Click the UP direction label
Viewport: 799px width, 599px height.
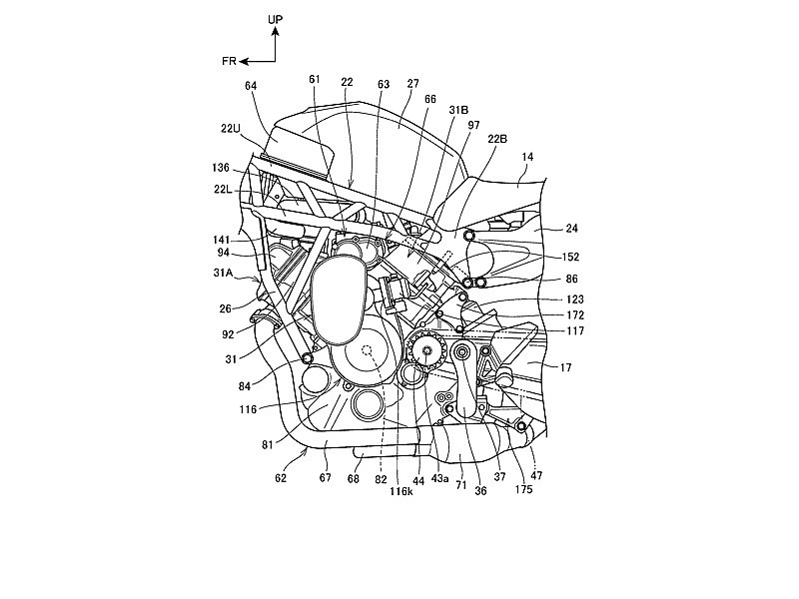[276, 19]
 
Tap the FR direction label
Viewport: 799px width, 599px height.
[229, 61]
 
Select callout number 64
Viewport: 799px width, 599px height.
[251, 86]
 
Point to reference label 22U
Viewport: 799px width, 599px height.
[231, 129]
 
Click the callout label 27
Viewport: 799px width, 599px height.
[412, 84]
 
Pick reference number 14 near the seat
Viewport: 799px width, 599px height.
[527, 157]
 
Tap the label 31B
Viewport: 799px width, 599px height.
[458, 110]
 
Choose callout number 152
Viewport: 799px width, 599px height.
[570, 258]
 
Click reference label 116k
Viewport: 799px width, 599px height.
[401, 491]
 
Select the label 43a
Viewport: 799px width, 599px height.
[439, 479]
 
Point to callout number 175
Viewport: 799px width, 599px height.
[523, 489]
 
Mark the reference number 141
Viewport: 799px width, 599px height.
[222, 240]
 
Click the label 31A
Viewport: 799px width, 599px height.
[223, 273]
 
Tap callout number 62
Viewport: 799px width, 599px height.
[281, 478]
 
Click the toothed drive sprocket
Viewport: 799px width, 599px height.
[427, 350]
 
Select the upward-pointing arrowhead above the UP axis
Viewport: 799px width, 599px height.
[276, 32]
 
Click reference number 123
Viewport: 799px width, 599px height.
[575, 299]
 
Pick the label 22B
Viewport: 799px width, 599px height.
[497, 139]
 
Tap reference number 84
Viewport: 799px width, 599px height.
[245, 386]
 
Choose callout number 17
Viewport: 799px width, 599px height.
[565, 367]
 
